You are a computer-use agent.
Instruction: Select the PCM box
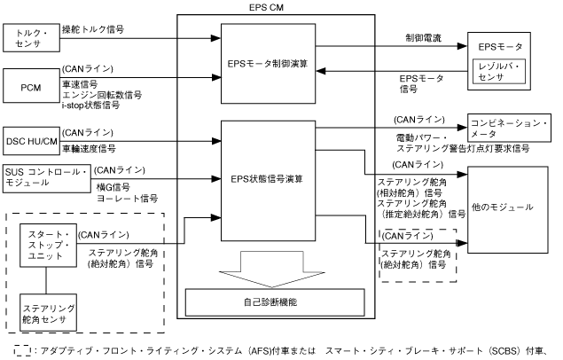point(28,87)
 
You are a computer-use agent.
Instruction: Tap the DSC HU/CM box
point(28,139)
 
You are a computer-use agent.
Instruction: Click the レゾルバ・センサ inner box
point(503,72)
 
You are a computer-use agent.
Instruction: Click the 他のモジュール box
point(503,206)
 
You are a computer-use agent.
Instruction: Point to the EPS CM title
point(270,6)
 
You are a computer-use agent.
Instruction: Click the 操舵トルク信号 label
point(92,29)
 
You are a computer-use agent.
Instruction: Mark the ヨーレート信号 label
point(126,198)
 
